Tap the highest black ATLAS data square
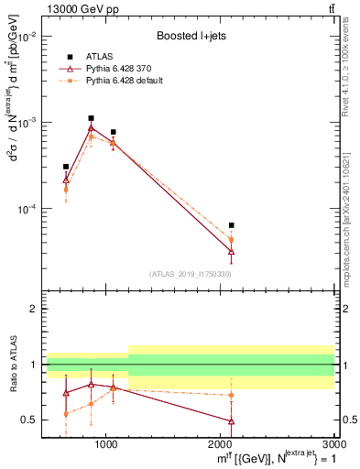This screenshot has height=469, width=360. tap(91, 118)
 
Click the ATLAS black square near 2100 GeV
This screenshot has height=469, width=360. tap(231, 224)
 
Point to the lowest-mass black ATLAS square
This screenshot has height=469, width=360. tap(66, 167)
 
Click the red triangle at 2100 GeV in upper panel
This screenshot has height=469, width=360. tap(231, 250)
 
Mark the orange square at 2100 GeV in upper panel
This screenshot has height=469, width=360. tap(231, 240)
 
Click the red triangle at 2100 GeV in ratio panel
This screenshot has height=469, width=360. tap(231, 421)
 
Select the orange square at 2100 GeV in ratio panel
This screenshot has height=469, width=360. tap(231, 395)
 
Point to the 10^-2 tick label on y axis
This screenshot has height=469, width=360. tap(27, 37)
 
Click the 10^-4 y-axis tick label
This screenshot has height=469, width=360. tap(27, 209)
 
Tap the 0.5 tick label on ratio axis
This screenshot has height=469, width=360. tap(29, 420)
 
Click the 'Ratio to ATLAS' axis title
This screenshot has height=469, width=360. tap(11, 366)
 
